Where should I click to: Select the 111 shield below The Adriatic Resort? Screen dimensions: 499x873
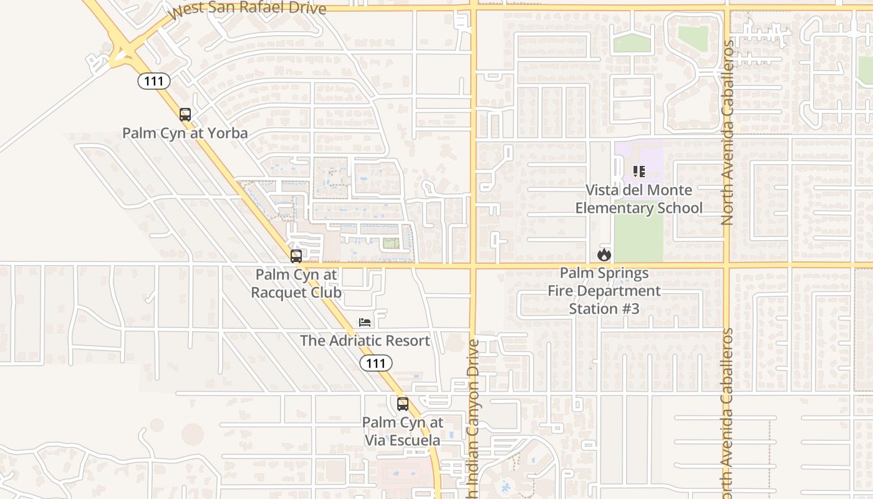376,362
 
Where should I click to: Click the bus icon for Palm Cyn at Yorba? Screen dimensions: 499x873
185,115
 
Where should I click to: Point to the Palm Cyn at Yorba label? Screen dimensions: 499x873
185,133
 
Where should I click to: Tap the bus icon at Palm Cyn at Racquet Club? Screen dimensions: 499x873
296,256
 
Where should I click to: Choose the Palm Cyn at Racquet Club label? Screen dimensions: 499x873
296,283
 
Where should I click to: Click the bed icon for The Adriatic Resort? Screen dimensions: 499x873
365,322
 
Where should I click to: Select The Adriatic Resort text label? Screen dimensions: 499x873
365,341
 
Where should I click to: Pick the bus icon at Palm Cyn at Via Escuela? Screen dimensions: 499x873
403,404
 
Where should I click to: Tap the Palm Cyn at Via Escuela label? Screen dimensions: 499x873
403,431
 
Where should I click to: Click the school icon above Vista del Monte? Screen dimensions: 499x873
639,171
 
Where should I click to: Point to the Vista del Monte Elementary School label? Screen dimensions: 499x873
639,199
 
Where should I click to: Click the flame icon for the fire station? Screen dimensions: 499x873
604,254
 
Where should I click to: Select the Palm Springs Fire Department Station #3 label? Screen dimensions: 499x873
604,291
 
